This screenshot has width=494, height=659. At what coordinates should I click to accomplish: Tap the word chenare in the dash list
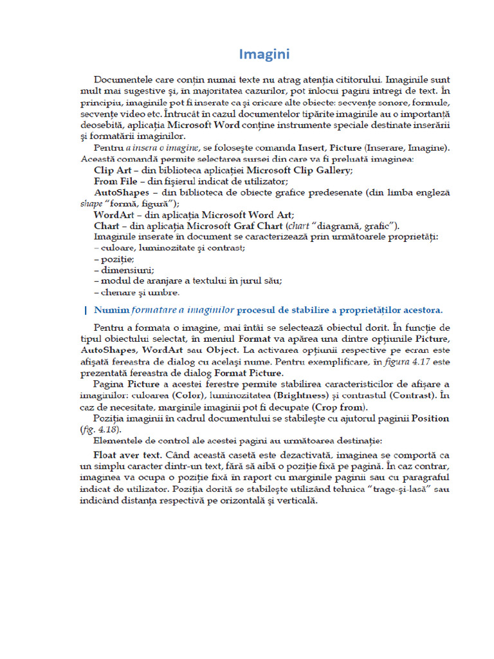pos(120,292)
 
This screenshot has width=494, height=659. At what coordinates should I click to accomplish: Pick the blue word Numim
pos(111,310)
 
